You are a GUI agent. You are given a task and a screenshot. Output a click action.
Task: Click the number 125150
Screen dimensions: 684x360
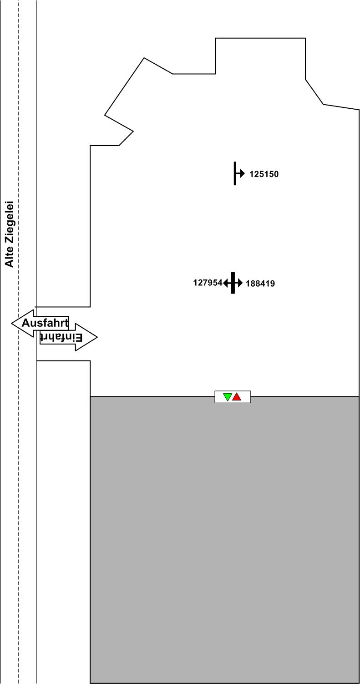pyautogui.click(x=264, y=174)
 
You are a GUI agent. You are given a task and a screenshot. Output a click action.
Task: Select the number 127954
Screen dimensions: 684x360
pyautogui.click(x=208, y=283)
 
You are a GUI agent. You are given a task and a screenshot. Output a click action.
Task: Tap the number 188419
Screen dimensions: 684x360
pyautogui.click(x=260, y=284)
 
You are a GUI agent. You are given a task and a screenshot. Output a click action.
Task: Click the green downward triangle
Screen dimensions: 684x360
pyautogui.click(x=228, y=397)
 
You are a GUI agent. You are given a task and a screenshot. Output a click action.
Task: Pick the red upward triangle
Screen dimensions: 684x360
pyautogui.click(x=237, y=397)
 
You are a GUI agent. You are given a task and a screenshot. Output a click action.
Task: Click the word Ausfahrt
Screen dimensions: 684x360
pyautogui.click(x=45, y=323)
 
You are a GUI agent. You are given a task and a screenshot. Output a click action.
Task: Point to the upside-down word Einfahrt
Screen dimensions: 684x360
pyautogui.click(x=61, y=337)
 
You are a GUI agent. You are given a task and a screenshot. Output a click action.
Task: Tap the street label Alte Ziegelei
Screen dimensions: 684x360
pyautogui.click(x=9, y=234)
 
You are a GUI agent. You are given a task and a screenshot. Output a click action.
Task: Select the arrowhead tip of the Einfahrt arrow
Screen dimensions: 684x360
pyautogui.click(x=96, y=337)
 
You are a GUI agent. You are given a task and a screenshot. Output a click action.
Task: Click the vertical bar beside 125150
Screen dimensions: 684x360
pyautogui.click(x=235, y=173)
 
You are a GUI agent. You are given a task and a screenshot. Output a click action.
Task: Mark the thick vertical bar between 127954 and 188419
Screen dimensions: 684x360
pyautogui.click(x=233, y=283)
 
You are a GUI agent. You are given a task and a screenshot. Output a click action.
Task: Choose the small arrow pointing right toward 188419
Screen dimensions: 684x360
pyautogui.click(x=239, y=283)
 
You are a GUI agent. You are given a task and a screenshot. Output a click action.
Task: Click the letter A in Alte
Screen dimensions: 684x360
pyautogui.click(x=9, y=263)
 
